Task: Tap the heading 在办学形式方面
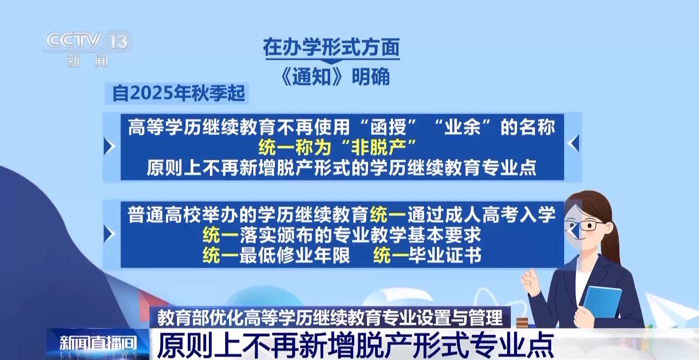pos(331,48)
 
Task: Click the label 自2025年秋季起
pos(178,93)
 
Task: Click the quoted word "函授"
pos(388,127)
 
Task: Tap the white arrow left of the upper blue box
pos(109,146)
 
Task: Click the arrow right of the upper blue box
pos(573,143)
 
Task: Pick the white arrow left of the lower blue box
pos(109,234)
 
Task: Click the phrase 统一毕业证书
pos(427,255)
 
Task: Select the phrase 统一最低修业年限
pos(276,255)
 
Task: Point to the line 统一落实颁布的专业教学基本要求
pos(342,235)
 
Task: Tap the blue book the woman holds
pos(602,302)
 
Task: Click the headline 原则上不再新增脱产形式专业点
pos(355,345)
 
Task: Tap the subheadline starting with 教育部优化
pos(330,317)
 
